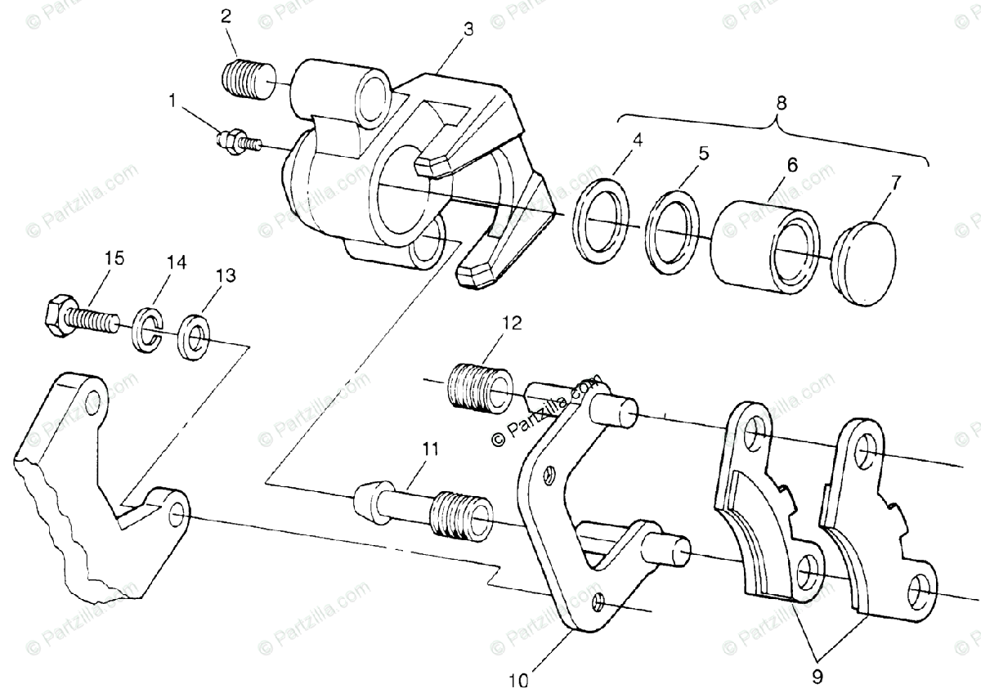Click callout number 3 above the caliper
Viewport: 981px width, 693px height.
click(x=468, y=29)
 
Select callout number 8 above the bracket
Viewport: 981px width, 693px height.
click(x=781, y=103)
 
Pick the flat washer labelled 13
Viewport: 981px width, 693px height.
click(x=195, y=332)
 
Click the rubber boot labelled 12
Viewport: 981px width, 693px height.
click(x=480, y=384)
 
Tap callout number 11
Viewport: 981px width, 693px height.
click(x=430, y=449)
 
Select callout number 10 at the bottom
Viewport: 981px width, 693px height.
click(x=521, y=678)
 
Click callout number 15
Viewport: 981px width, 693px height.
click(x=114, y=258)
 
